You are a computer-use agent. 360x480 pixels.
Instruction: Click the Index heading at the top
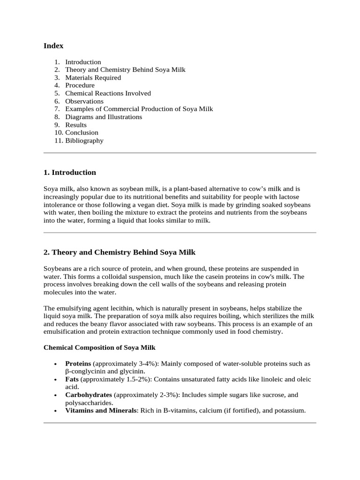tap(53, 46)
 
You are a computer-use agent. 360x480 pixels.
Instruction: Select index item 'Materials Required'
tap(93, 78)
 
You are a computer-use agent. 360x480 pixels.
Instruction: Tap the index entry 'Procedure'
tap(80, 85)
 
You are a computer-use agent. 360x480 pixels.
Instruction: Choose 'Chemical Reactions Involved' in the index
tap(108, 93)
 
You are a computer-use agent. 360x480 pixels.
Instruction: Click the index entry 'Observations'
tap(84, 101)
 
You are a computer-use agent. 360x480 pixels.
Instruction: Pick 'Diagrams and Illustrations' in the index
tap(104, 117)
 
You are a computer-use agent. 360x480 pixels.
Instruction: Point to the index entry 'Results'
tap(76, 125)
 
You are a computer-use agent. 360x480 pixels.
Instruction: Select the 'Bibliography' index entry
tap(84, 141)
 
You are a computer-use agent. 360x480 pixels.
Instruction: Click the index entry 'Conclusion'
tap(82, 133)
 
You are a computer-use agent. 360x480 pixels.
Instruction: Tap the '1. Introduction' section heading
tap(69, 172)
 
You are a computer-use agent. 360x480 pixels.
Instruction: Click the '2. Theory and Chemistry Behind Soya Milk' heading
tap(119, 252)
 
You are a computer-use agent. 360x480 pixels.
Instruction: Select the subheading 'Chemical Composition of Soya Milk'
tap(99, 348)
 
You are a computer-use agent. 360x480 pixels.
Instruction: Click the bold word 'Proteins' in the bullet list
tap(78, 364)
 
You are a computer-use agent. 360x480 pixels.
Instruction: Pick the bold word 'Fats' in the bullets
tap(72, 379)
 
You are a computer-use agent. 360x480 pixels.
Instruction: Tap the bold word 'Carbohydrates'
tap(89, 395)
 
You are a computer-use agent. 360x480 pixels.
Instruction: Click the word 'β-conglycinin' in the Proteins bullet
tap(84, 371)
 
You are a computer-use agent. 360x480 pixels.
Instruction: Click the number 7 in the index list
tap(57, 109)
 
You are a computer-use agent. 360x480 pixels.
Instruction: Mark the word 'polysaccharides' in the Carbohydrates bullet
tap(89, 403)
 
